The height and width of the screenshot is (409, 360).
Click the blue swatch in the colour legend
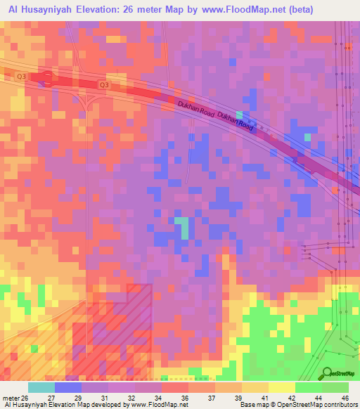pyautogui.click(x=68, y=387)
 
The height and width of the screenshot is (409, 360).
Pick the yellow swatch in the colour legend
pyautogui.click(x=281, y=387)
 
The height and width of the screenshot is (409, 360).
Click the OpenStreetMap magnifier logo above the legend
pyautogui.click(x=325, y=372)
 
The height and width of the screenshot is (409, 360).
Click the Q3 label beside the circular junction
pyautogui.click(x=21, y=76)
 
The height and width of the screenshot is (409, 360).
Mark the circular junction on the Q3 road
pyautogui.click(x=47, y=79)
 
